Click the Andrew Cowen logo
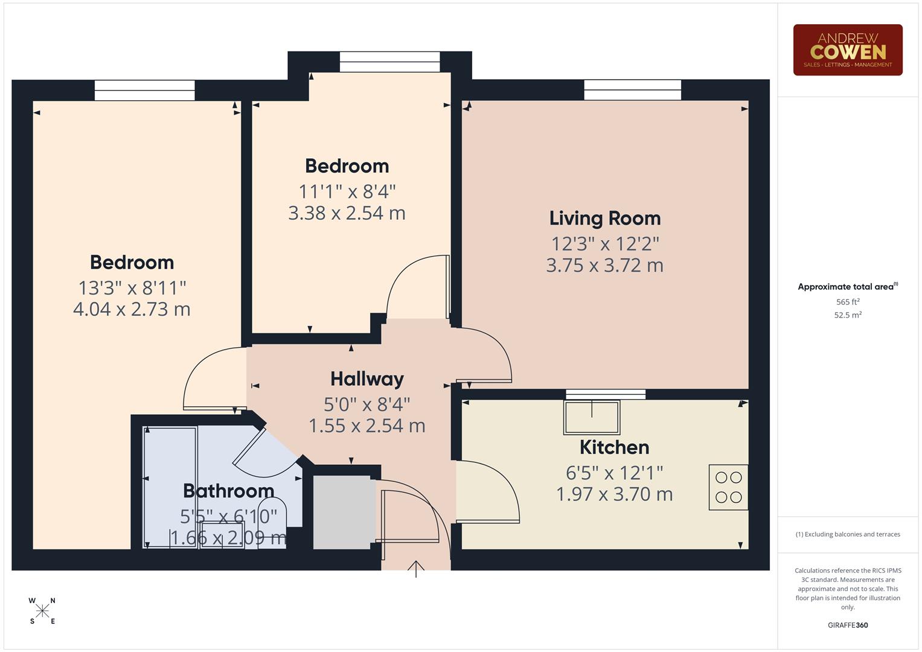(847, 50)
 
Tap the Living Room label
(605, 219)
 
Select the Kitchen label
(614, 447)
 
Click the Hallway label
(367, 379)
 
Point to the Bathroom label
(228, 491)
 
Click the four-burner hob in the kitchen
(728, 487)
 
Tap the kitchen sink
(591, 417)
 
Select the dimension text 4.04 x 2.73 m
(132, 309)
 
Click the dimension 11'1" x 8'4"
(347, 192)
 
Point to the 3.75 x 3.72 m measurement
(605, 266)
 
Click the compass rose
(42, 611)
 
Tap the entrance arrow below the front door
(416, 569)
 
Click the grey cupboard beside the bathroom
(342, 512)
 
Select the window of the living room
(632, 90)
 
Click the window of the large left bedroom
(145, 91)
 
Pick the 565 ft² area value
(847, 302)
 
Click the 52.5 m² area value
(847, 315)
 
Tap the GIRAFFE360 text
(847, 625)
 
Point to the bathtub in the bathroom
(170, 487)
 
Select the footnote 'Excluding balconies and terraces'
(847, 534)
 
